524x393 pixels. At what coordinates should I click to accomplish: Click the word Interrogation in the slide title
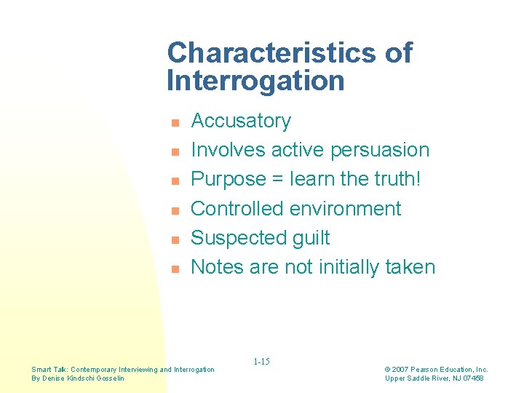pyautogui.click(x=255, y=81)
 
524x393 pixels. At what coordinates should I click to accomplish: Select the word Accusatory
pyautogui.click(x=240, y=121)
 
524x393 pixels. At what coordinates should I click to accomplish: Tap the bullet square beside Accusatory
pyautogui.click(x=175, y=122)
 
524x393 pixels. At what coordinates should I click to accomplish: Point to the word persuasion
pyautogui.click(x=379, y=151)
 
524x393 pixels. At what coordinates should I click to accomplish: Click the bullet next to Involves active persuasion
pyautogui.click(x=175, y=151)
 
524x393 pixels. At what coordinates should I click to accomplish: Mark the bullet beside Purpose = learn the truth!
pyautogui.click(x=175, y=180)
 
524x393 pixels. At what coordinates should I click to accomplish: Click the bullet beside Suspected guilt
pyautogui.click(x=175, y=239)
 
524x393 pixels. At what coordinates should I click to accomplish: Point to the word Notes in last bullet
pyautogui.click(x=217, y=267)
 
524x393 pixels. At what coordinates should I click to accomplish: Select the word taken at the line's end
pyautogui.click(x=411, y=267)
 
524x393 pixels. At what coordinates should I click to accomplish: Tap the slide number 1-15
pyautogui.click(x=261, y=362)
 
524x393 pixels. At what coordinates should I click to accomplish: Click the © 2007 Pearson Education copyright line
pyautogui.click(x=436, y=370)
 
